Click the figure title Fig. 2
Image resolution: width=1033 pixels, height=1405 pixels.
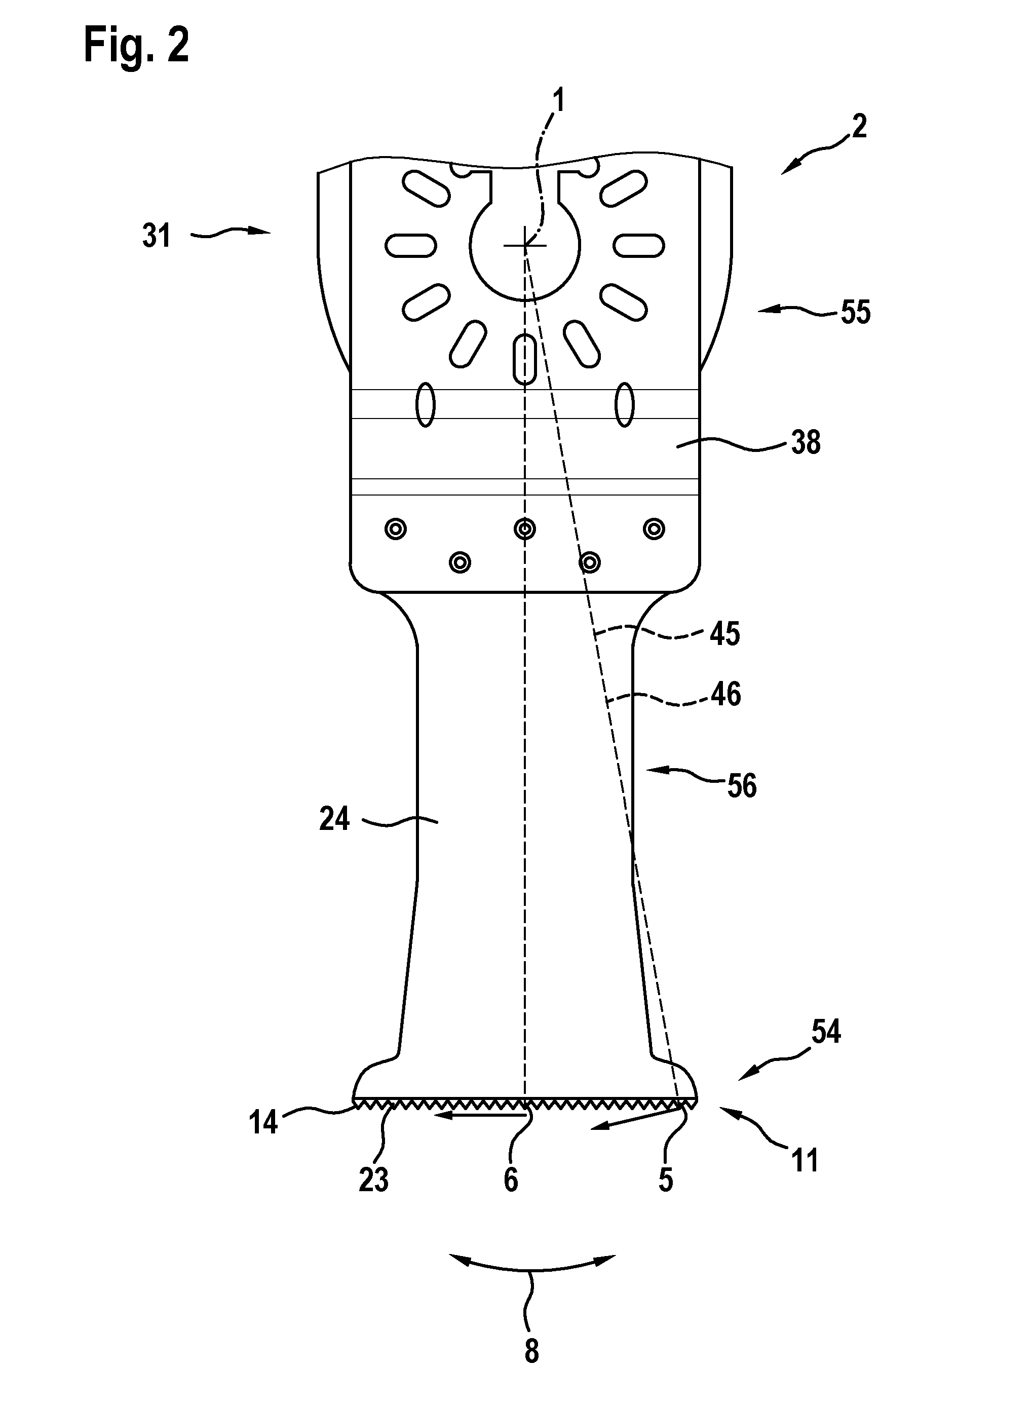pos(136,46)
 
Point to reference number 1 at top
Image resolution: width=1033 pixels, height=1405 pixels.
pos(558,101)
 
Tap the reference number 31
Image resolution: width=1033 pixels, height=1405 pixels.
pos(157,236)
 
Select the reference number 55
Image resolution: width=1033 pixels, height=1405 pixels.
pos(855,312)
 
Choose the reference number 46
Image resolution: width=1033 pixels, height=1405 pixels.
pos(726,695)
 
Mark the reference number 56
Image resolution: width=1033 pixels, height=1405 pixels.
pos(742,786)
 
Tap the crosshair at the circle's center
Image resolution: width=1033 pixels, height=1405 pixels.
pos(525,246)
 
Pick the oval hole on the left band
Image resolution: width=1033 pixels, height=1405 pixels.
pos(425,404)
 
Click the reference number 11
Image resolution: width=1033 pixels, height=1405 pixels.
pos(805,1160)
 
